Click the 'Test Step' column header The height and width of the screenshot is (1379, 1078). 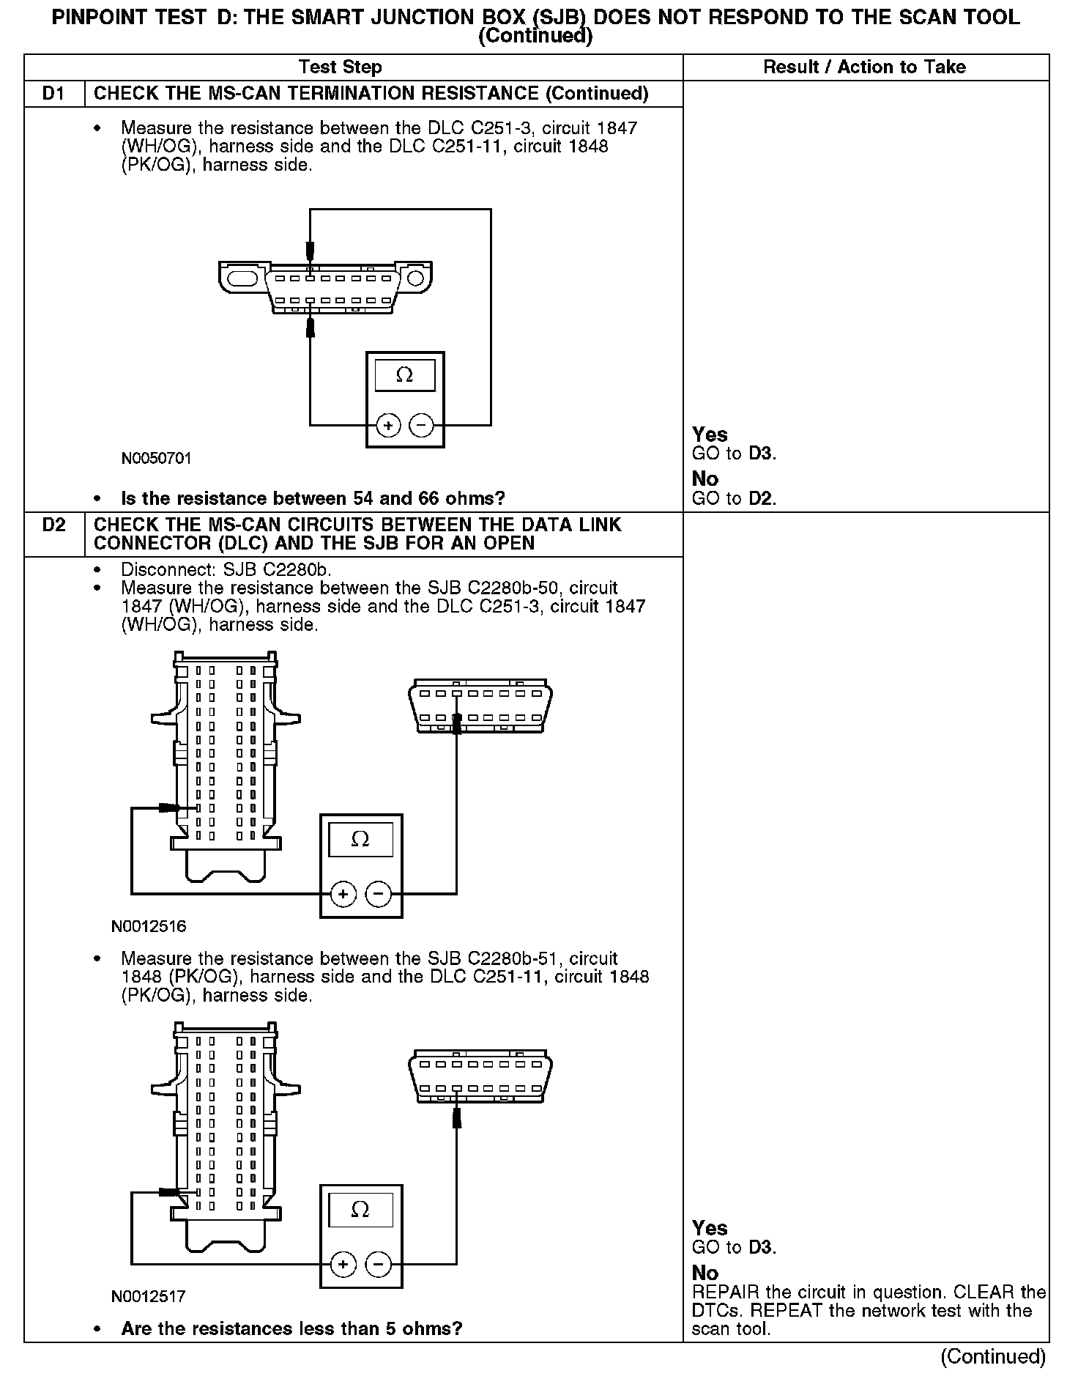(341, 67)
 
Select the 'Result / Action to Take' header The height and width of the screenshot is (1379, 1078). (864, 67)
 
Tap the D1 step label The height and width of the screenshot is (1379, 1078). (54, 94)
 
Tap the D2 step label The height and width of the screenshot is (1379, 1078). (54, 525)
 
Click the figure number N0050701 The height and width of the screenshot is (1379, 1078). (156, 459)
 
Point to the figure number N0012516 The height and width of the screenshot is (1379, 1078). (149, 926)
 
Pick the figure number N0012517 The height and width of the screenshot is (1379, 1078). (149, 1296)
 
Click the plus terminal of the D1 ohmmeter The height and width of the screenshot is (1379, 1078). (388, 425)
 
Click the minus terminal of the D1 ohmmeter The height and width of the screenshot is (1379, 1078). (421, 425)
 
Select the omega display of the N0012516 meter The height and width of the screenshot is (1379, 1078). (360, 840)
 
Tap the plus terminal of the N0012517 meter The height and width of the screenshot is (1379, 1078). (343, 1264)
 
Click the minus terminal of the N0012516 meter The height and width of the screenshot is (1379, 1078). (378, 894)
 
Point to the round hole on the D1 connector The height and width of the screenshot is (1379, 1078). (415, 278)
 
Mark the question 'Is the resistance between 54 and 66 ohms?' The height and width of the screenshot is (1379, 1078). (313, 499)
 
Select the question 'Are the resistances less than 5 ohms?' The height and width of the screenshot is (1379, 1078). (291, 1329)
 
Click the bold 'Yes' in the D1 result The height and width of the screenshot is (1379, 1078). (710, 435)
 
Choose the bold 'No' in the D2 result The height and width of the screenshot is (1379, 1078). (705, 1273)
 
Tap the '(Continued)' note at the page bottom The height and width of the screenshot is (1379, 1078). (992, 1357)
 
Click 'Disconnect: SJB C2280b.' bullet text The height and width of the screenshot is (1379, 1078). (231, 569)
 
